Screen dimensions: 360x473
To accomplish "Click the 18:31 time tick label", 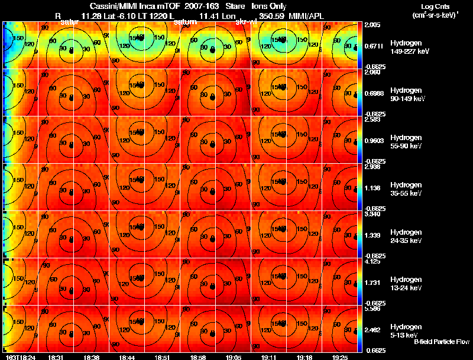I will pos(56,357).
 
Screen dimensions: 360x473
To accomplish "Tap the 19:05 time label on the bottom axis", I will pos(232,357).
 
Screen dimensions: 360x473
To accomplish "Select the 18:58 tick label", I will pos(197,357).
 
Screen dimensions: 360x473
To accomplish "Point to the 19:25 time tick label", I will pos(339,357).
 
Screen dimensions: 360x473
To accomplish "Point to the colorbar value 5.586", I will pos(373,309).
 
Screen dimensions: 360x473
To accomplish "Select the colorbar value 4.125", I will pos(373,261).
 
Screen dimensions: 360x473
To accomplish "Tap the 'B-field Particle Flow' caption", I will pos(441,342).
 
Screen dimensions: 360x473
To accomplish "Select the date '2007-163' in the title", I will pos(201,6).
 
